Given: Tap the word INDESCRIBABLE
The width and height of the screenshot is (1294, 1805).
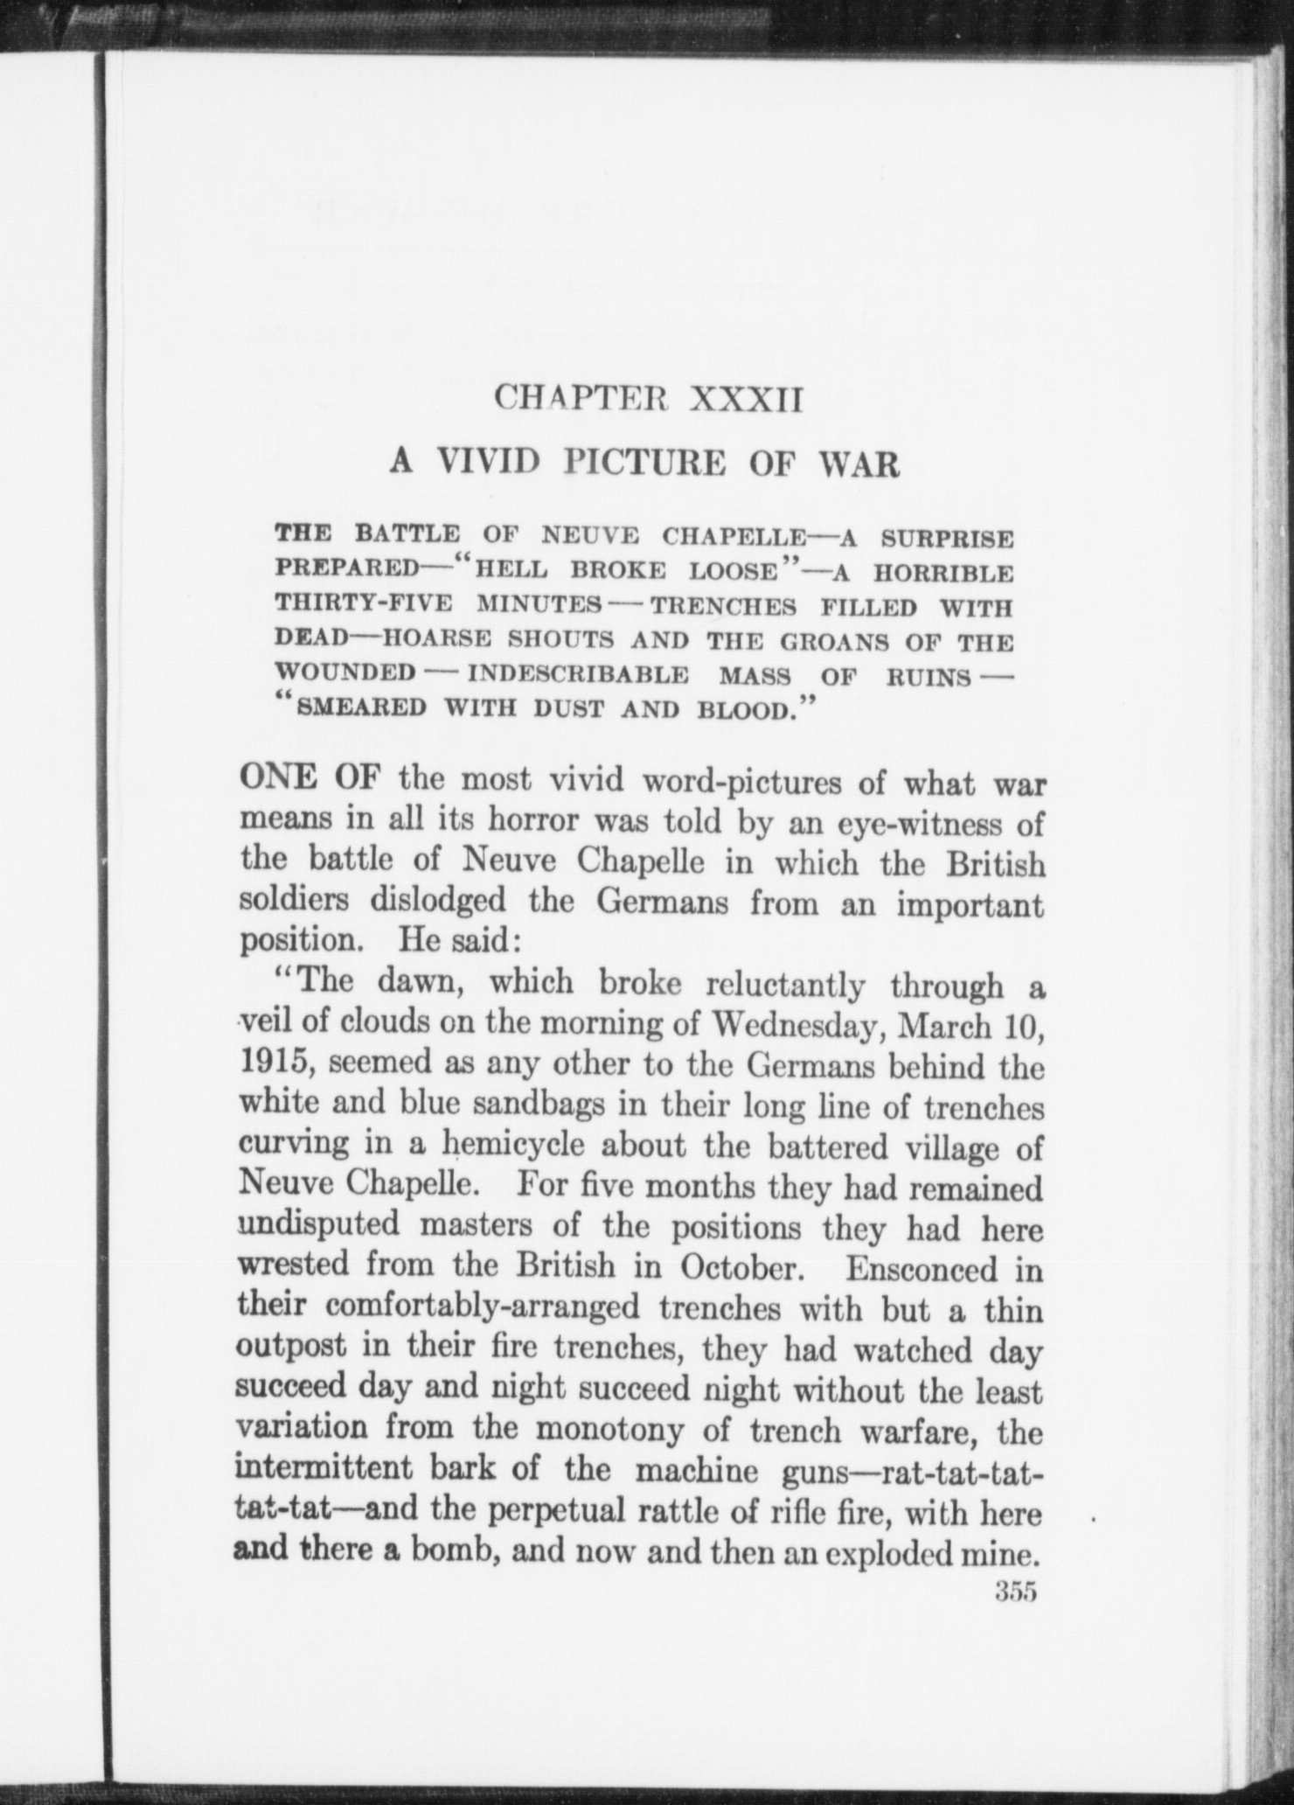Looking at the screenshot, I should pyautogui.click(x=578, y=675).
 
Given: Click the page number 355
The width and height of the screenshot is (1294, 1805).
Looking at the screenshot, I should pyautogui.click(x=1015, y=1592).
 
